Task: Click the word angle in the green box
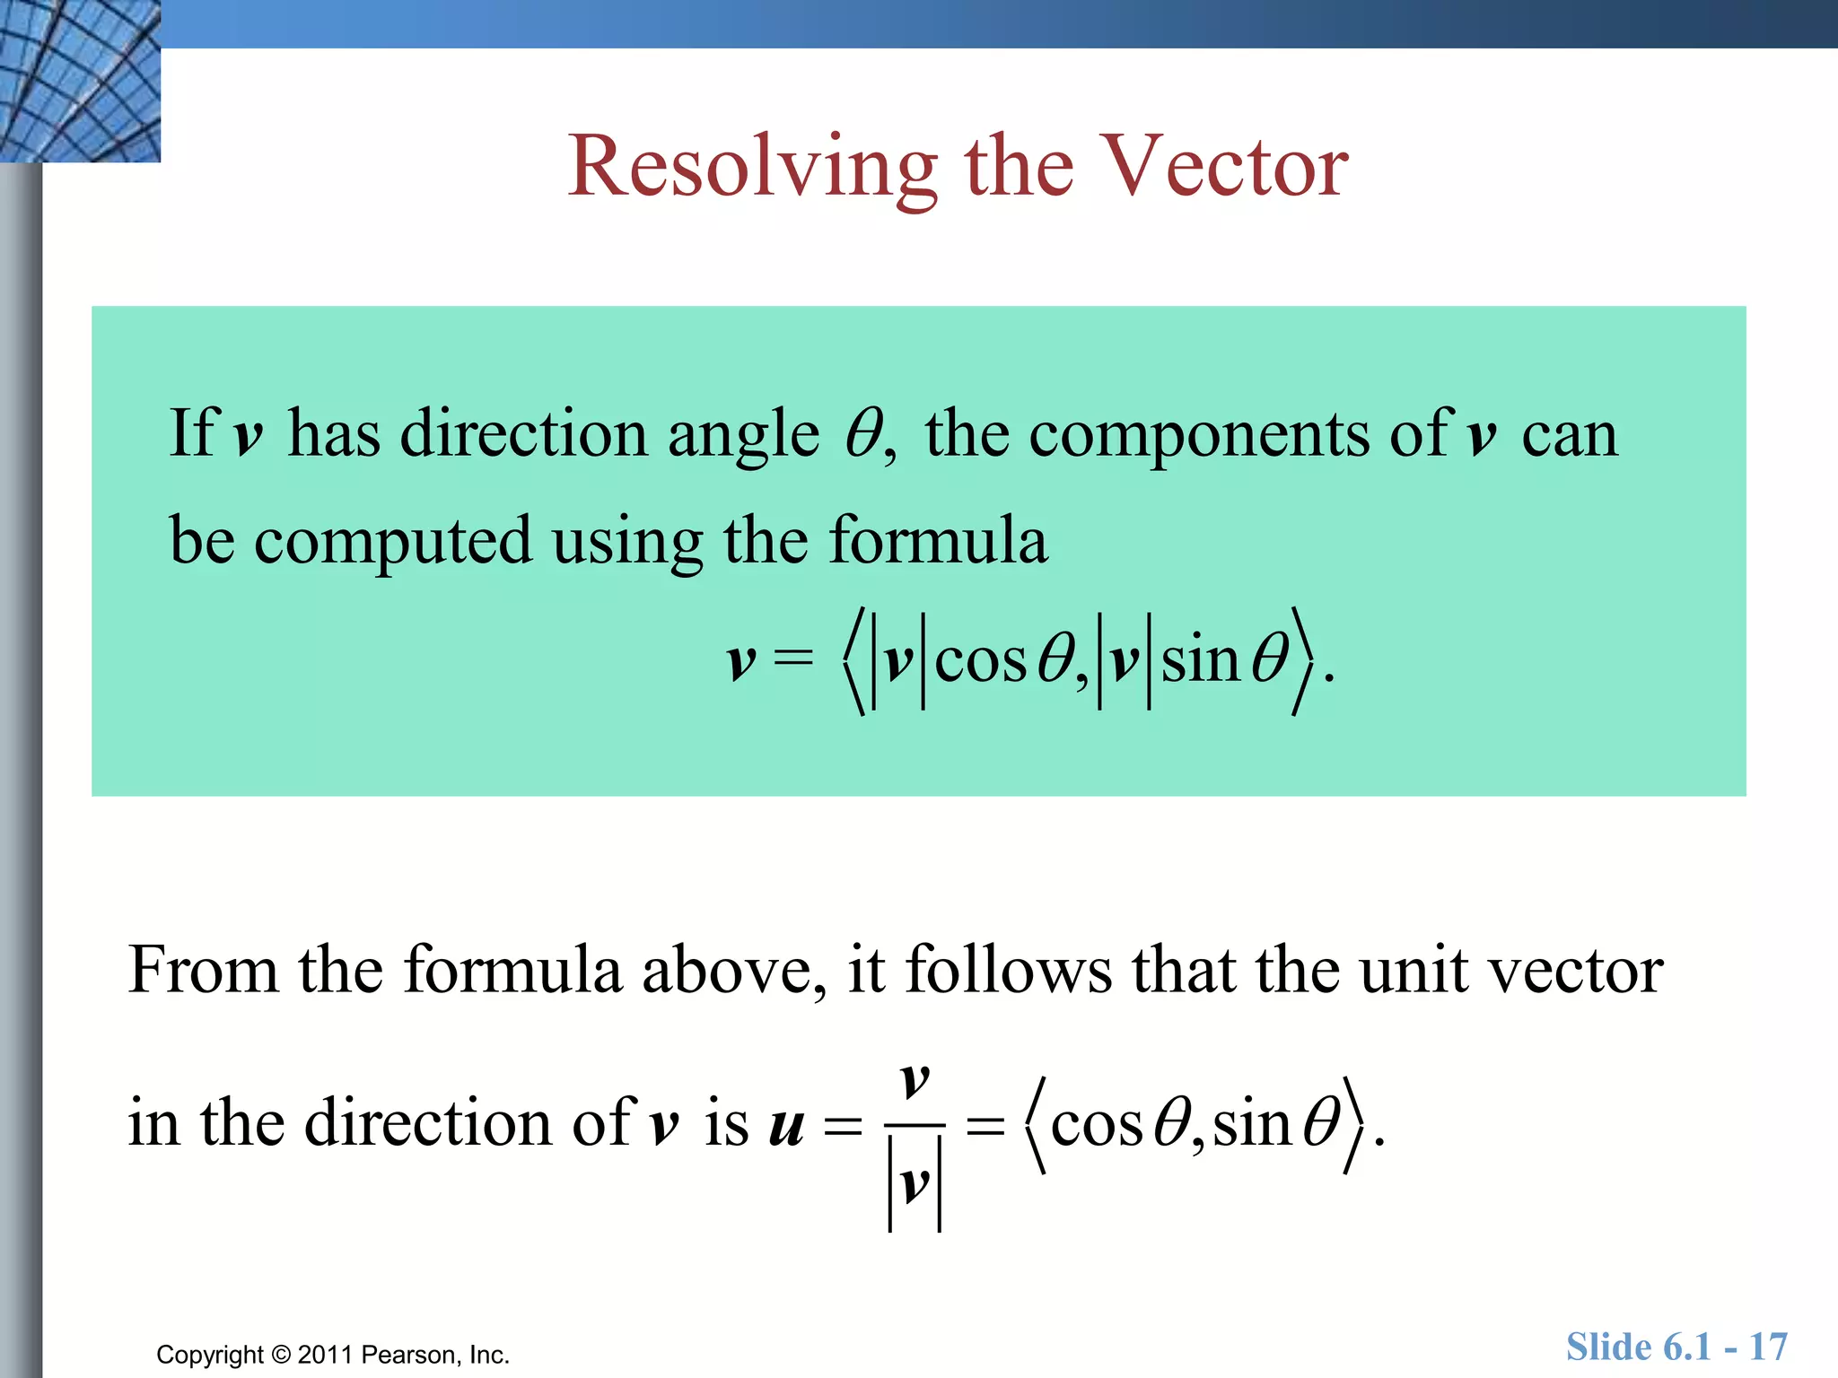(743, 436)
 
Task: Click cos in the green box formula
(980, 662)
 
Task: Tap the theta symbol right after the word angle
(863, 434)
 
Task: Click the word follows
(1008, 971)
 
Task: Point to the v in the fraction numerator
(914, 1080)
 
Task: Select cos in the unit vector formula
(1097, 1125)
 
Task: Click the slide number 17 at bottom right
(1767, 1347)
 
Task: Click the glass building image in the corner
(79, 81)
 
